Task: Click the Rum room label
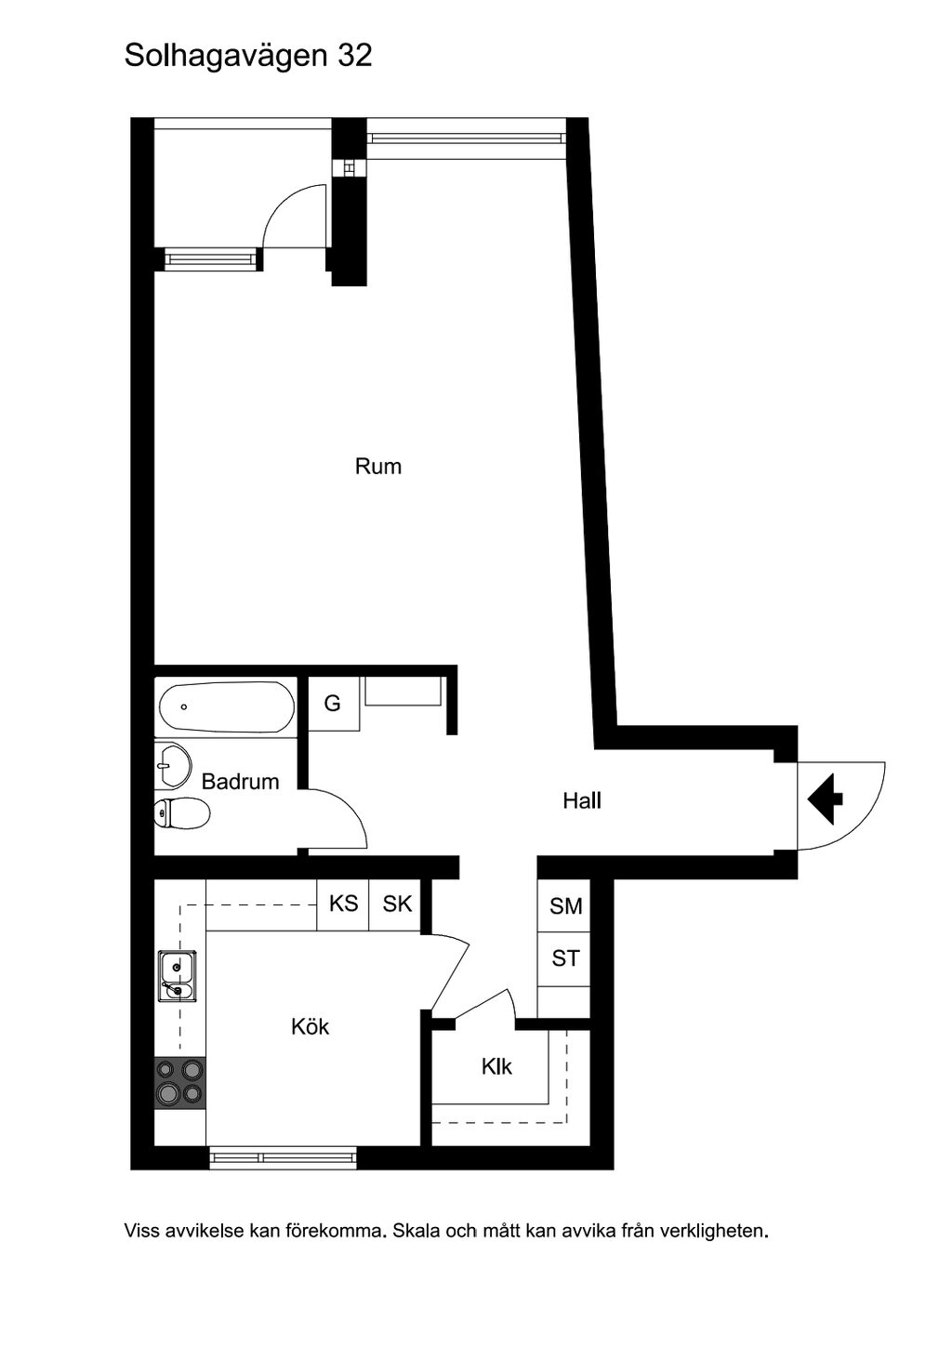pyautogui.click(x=378, y=467)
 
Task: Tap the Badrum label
pyautogui.click(x=241, y=781)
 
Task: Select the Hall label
pyautogui.click(x=582, y=800)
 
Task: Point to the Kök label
pyautogui.click(x=311, y=1026)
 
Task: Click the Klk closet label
pyautogui.click(x=496, y=1066)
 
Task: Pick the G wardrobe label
pyautogui.click(x=332, y=703)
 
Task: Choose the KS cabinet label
pyautogui.click(x=343, y=904)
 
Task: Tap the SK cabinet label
pyautogui.click(x=397, y=904)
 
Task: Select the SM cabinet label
pyautogui.click(x=565, y=905)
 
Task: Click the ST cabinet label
pyautogui.click(x=565, y=957)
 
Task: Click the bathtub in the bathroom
pyautogui.click(x=227, y=706)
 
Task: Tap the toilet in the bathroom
pyautogui.click(x=182, y=814)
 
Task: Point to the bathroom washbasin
pyautogui.click(x=173, y=766)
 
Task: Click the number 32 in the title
pyautogui.click(x=354, y=56)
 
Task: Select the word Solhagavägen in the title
pyautogui.click(x=227, y=58)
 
